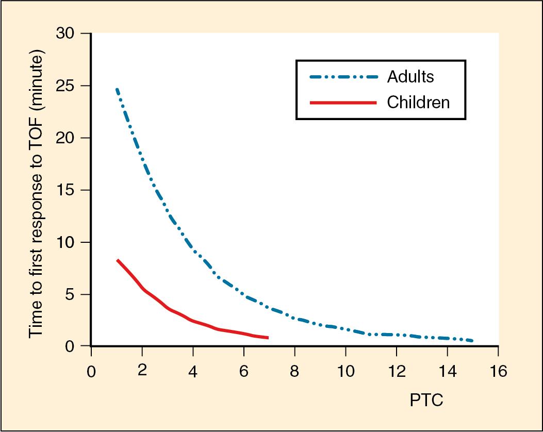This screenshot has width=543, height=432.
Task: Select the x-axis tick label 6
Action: [x=244, y=371]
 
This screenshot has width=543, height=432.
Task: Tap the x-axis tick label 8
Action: [x=294, y=371]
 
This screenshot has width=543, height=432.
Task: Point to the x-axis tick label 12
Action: [x=396, y=371]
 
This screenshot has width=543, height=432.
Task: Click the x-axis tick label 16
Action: [x=498, y=371]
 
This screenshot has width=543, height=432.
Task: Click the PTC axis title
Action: [x=426, y=401]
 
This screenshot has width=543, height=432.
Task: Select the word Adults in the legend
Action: [x=410, y=77]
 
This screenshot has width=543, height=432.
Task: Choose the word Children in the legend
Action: [x=418, y=102]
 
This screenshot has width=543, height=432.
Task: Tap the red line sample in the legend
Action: [x=343, y=103]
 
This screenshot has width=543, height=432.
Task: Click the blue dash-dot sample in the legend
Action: [x=343, y=77]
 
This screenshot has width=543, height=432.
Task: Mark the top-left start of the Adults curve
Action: [x=117, y=89]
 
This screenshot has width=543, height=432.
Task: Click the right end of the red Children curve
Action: [x=268, y=338]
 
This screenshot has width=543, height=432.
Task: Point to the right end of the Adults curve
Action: [x=472, y=341]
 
